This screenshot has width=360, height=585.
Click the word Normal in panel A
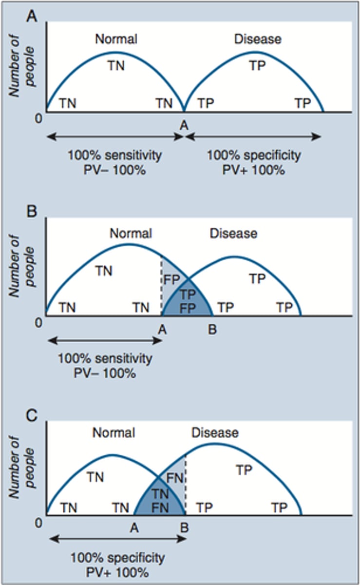pos(116,38)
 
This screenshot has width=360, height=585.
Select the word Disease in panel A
pos(258,38)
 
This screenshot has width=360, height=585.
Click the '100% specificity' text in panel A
pos(254,156)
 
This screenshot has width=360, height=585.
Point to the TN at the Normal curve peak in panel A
pos(116,65)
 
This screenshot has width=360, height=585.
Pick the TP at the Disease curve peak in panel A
pos(258,65)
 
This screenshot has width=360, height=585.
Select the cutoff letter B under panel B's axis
pos(212,330)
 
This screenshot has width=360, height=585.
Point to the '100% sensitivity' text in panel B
pos(105,359)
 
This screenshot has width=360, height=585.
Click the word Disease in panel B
pos(233,234)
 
